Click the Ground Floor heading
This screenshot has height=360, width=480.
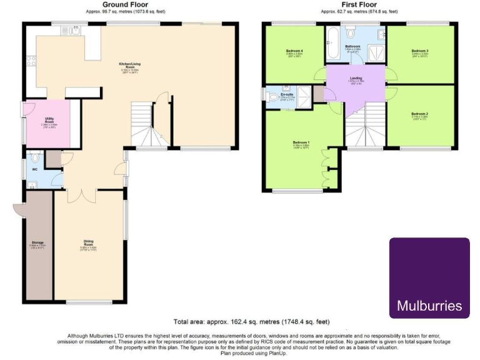125,4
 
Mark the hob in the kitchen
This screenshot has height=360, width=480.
31,63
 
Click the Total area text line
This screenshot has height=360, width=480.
252,322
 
